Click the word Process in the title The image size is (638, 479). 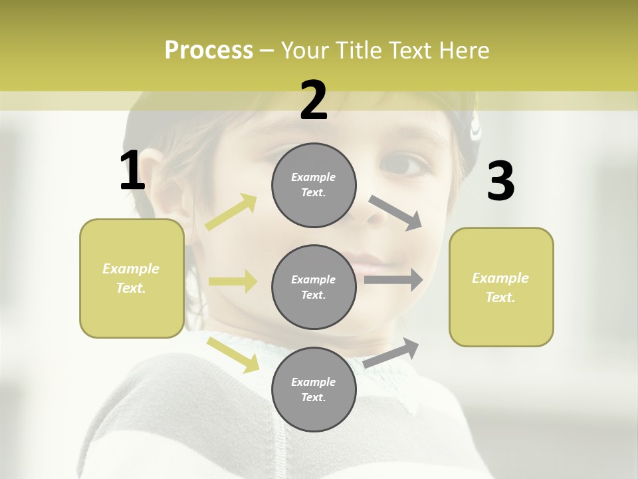[209, 51]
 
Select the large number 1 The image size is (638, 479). [132, 171]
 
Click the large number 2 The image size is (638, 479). [314, 100]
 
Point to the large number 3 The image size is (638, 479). [500, 182]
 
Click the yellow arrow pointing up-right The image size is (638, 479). [231, 212]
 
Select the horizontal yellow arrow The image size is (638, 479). [233, 281]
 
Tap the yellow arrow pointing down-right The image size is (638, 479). [233, 354]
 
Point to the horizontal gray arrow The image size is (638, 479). [393, 280]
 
